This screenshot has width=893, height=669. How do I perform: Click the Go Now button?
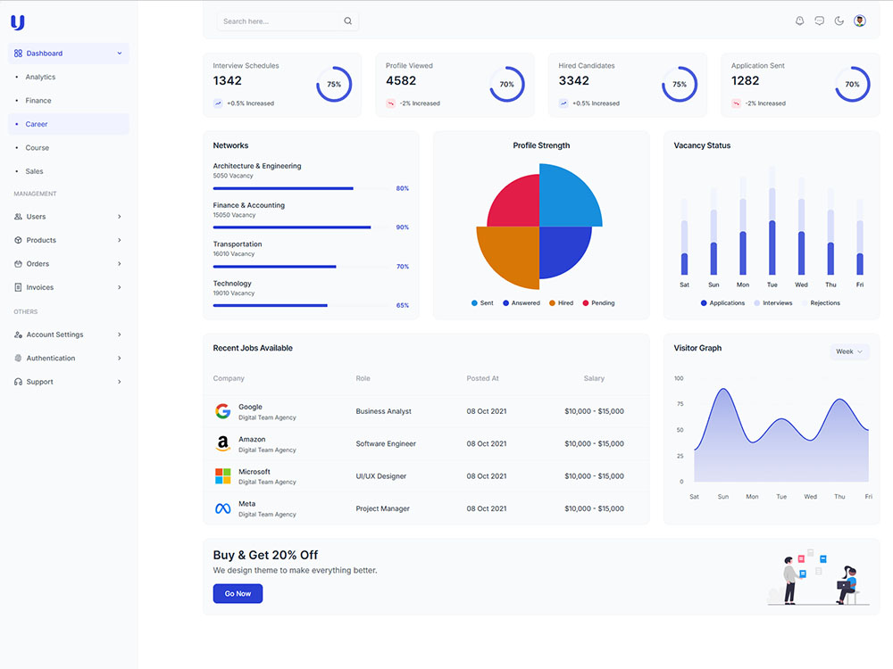[238, 594]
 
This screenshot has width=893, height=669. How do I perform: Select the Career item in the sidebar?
[37, 124]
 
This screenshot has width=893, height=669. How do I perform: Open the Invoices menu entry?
[40, 287]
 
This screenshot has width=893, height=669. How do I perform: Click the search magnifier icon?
[347, 21]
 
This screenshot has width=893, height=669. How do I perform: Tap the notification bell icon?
[799, 21]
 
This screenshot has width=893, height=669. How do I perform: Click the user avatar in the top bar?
[859, 21]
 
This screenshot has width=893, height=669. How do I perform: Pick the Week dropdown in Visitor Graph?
[849, 351]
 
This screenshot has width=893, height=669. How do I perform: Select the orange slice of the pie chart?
[511, 253]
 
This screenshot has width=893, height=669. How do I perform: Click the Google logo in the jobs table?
[223, 411]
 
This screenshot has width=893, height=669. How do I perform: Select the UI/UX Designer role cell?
[381, 476]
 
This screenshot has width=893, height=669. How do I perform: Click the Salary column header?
[594, 378]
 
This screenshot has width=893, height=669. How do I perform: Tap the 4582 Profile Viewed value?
[401, 81]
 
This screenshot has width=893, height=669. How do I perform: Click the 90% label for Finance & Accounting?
[403, 227]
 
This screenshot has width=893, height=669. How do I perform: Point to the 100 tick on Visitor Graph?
[679, 378]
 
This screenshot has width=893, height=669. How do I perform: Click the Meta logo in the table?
[223, 508]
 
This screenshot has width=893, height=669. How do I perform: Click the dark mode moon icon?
[839, 21]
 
